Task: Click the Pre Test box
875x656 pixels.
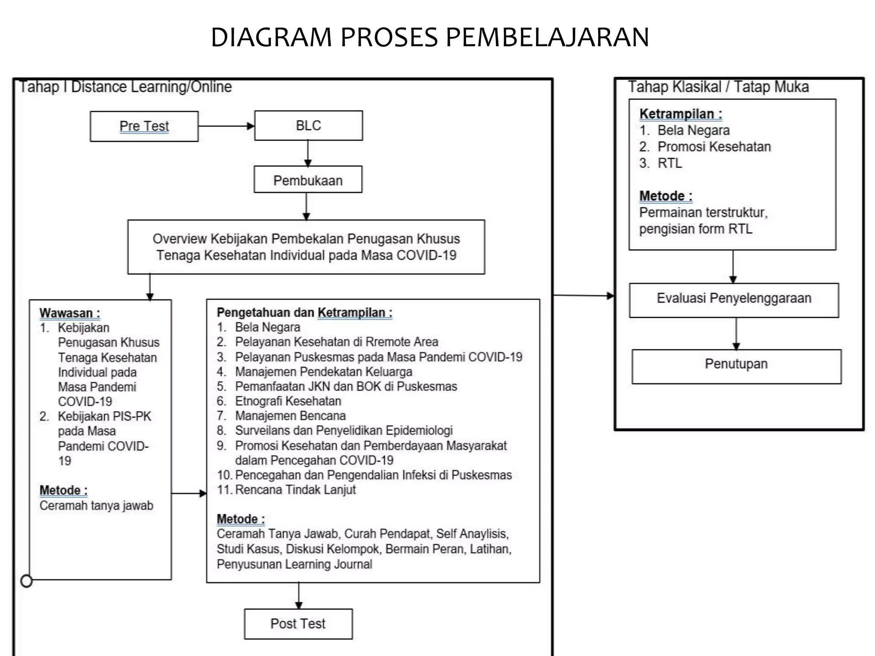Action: [144, 126]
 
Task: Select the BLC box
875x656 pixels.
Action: [308, 126]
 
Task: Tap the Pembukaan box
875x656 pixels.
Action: [308, 180]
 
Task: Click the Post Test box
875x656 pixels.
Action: [298, 624]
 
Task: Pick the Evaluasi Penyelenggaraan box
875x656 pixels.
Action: [734, 299]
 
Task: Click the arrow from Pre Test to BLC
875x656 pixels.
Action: [226, 126]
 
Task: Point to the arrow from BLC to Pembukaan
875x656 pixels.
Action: [308, 153]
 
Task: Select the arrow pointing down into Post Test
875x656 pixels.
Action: [299, 596]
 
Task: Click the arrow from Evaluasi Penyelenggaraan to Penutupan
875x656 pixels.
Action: [736, 334]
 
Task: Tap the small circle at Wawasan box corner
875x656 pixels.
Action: [26, 581]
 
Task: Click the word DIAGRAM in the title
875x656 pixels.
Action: [271, 37]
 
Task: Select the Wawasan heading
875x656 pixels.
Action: [70, 313]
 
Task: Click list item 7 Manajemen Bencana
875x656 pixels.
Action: [290, 416]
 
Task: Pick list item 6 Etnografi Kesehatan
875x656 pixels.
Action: [288, 401]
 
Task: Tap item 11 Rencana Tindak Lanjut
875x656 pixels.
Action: [295, 489]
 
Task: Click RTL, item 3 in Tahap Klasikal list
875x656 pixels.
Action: [669, 163]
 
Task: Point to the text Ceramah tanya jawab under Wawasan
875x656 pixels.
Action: [96, 506]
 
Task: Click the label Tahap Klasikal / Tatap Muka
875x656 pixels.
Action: [718, 87]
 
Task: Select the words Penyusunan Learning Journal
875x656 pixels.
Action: [294, 564]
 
